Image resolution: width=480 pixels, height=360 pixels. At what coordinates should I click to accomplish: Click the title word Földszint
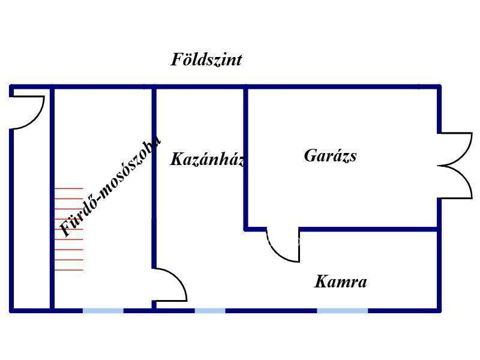pyautogui.click(x=206, y=59)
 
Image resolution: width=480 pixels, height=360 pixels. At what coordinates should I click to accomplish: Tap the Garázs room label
pyautogui.click(x=331, y=155)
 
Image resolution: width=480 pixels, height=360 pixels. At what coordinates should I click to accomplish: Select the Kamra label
pyautogui.click(x=340, y=281)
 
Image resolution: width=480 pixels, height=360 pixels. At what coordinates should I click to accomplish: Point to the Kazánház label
pyautogui.click(x=208, y=159)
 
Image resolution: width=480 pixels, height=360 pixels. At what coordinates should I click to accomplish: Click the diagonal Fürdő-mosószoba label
pyautogui.click(x=110, y=187)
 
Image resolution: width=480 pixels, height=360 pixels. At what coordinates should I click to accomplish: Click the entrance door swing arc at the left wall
pyautogui.click(x=37, y=118)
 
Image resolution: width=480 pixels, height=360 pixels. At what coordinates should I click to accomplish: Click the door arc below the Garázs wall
pyautogui.click(x=277, y=253)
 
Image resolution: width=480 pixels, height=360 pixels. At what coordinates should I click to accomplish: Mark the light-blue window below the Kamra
pyautogui.click(x=342, y=311)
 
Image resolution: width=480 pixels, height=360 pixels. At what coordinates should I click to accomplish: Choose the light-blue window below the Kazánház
pyautogui.click(x=210, y=311)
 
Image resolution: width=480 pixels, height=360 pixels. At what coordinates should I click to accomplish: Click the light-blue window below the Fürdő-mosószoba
pyautogui.click(x=103, y=311)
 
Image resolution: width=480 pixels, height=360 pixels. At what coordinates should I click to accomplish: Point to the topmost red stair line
pyautogui.click(x=69, y=188)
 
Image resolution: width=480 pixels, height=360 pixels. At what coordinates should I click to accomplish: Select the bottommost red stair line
pyautogui.click(x=69, y=270)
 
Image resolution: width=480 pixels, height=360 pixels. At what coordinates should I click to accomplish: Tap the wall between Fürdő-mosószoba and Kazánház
pyautogui.click(x=154, y=178)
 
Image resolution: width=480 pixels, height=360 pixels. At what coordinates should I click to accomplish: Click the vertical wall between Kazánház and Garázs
pyautogui.click(x=245, y=158)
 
